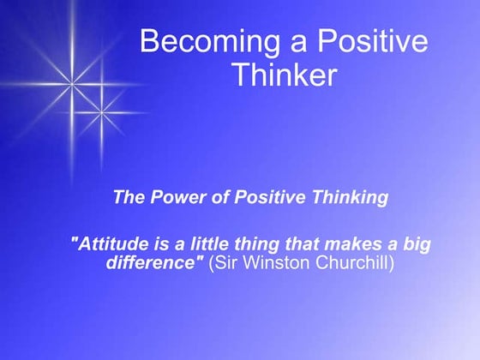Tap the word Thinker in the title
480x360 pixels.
(x=283, y=75)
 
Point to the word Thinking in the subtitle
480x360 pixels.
(x=352, y=198)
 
